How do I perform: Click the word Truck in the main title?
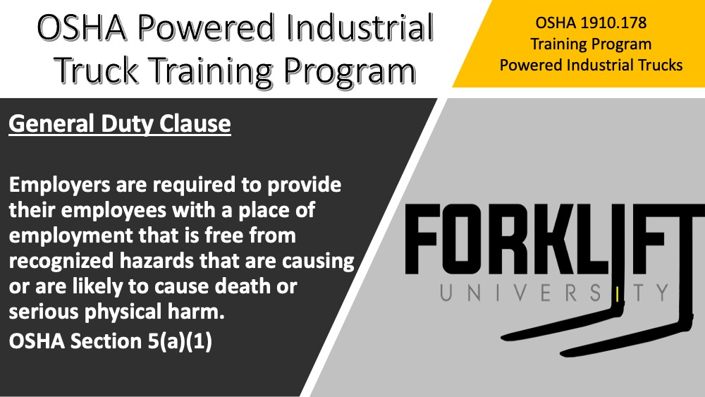(x=97, y=70)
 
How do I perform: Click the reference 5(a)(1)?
(x=180, y=341)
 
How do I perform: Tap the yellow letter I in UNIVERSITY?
(x=618, y=293)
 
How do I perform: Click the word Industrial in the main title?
(x=360, y=28)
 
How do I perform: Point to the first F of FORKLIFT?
(x=422, y=239)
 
